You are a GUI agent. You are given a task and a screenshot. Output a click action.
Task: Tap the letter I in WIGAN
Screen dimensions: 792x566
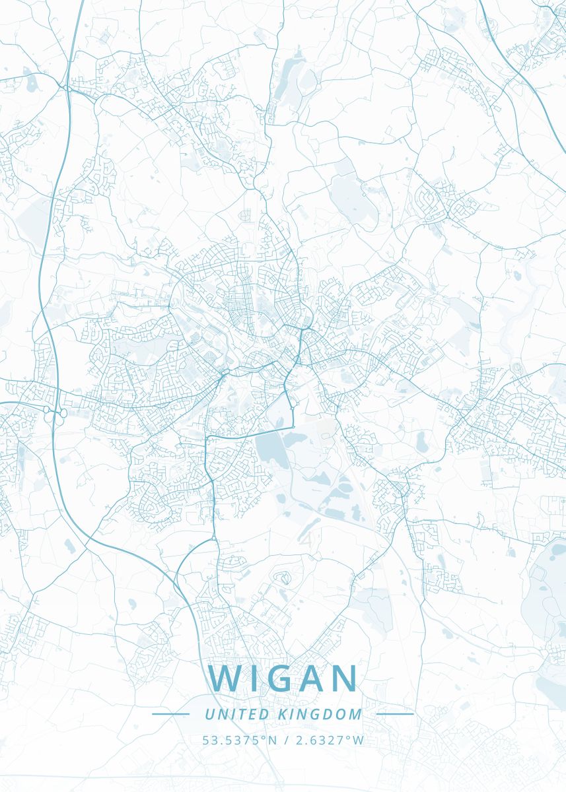coord(252,678)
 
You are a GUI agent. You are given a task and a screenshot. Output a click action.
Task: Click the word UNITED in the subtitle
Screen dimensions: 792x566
coord(227,714)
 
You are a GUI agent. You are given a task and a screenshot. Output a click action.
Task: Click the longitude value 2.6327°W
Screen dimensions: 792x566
coord(328,740)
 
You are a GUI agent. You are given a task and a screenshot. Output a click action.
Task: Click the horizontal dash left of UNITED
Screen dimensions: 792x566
coord(170,714)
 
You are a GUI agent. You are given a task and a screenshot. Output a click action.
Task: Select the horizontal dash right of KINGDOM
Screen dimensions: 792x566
coord(394,714)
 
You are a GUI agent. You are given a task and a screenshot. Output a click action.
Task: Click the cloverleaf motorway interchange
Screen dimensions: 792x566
coord(54,413)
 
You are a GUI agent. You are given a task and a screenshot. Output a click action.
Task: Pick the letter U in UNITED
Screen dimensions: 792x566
coord(209,714)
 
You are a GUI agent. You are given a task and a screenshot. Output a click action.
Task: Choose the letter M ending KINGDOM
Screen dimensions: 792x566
coord(357,714)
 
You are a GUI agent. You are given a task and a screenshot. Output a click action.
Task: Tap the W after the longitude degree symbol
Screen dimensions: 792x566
coord(359,740)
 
